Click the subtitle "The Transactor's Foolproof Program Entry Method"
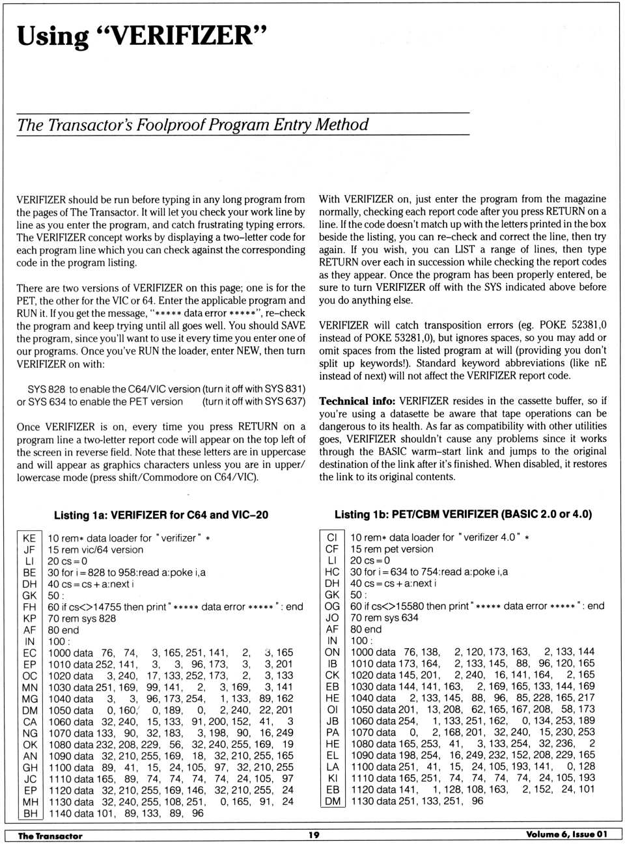(193, 124)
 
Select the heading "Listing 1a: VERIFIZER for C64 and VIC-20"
(161, 515)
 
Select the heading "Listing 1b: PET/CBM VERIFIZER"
(463, 514)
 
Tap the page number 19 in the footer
(314, 835)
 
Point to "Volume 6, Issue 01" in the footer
(566, 834)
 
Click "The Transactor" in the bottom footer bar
(50, 836)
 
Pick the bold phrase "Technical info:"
(357, 401)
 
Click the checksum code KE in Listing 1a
(29, 538)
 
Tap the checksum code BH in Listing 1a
(30, 813)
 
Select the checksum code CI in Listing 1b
(332, 538)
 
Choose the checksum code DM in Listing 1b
(332, 801)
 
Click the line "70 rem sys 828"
(81, 618)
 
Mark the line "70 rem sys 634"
(384, 618)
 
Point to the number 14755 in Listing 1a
(107, 606)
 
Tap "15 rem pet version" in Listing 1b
(391, 549)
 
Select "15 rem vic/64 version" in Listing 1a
(95, 549)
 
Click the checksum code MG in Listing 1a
(30, 698)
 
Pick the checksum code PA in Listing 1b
(332, 732)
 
